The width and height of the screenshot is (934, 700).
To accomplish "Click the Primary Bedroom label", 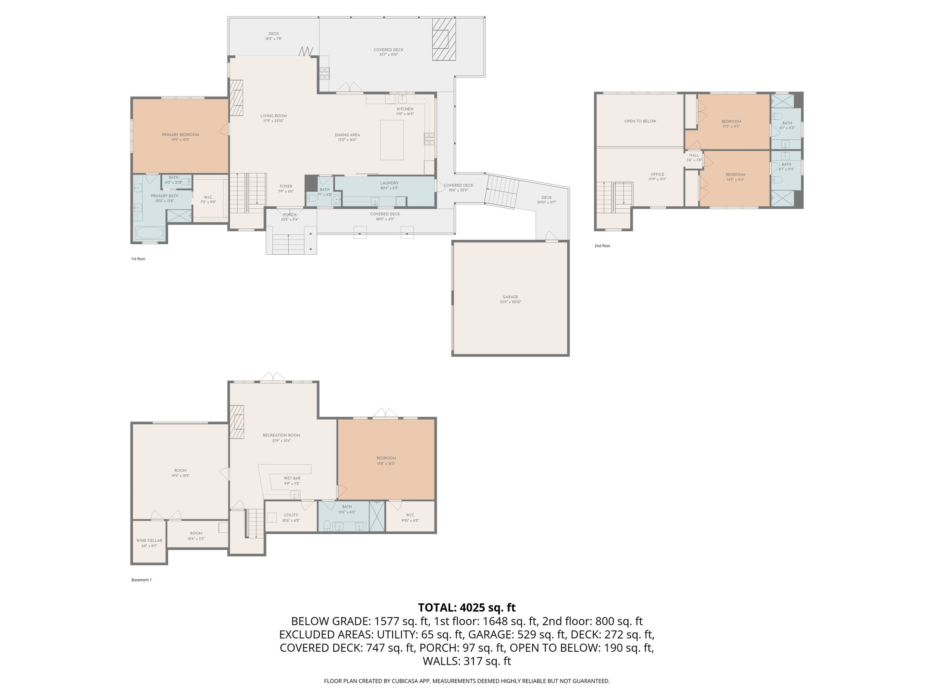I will click(x=180, y=135).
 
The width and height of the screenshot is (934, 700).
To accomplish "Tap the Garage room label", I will click(x=510, y=297).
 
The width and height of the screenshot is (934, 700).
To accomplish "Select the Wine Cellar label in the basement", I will click(x=149, y=540).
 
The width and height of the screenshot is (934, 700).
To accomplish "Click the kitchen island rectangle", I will click(x=392, y=139).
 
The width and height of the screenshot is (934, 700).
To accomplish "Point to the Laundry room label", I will click(x=389, y=183).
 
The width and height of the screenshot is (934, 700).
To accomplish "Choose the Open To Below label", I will click(x=640, y=121).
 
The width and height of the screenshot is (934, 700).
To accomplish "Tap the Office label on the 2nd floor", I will click(x=657, y=175).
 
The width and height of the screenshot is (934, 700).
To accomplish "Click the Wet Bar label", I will click(x=292, y=479).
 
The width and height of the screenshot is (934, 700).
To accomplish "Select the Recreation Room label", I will click(x=281, y=435).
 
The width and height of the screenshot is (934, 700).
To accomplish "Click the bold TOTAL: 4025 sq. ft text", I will click(x=467, y=607).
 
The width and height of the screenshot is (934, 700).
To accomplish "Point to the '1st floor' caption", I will click(x=138, y=259).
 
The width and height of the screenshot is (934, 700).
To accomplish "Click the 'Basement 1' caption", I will click(x=141, y=580).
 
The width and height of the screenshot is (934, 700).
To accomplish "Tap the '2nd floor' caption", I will click(x=602, y=246).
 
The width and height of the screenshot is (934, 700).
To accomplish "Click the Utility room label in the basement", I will click(x=291, y=515).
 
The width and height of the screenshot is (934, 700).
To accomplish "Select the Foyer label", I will click(x=285, y=186).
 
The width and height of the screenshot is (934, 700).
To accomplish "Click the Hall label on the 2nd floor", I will click(x=694, y=155).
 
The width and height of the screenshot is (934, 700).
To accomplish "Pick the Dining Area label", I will click(x=347, y=135).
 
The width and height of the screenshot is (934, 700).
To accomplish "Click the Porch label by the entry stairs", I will click(x=290, y=215).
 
